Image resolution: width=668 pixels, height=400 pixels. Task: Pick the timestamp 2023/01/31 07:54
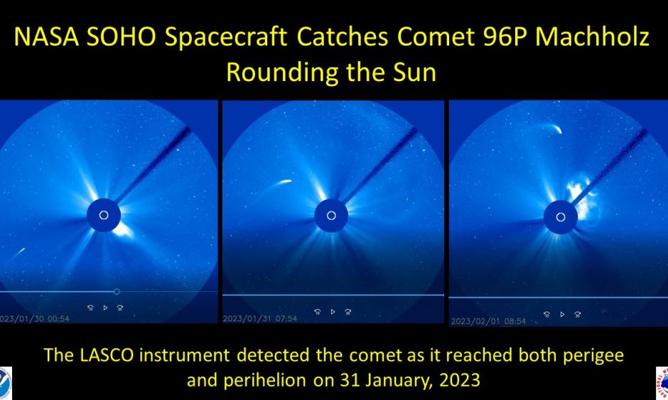point(260,318)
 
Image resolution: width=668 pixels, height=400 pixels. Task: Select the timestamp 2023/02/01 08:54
point(488,322)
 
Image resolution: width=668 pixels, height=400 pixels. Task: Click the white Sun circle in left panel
point(104,215)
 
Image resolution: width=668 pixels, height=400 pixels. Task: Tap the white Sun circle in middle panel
point(330,215)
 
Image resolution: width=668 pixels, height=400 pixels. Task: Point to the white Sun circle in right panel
point(561,216)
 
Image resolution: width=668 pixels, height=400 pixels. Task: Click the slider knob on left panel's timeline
point(117,291)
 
